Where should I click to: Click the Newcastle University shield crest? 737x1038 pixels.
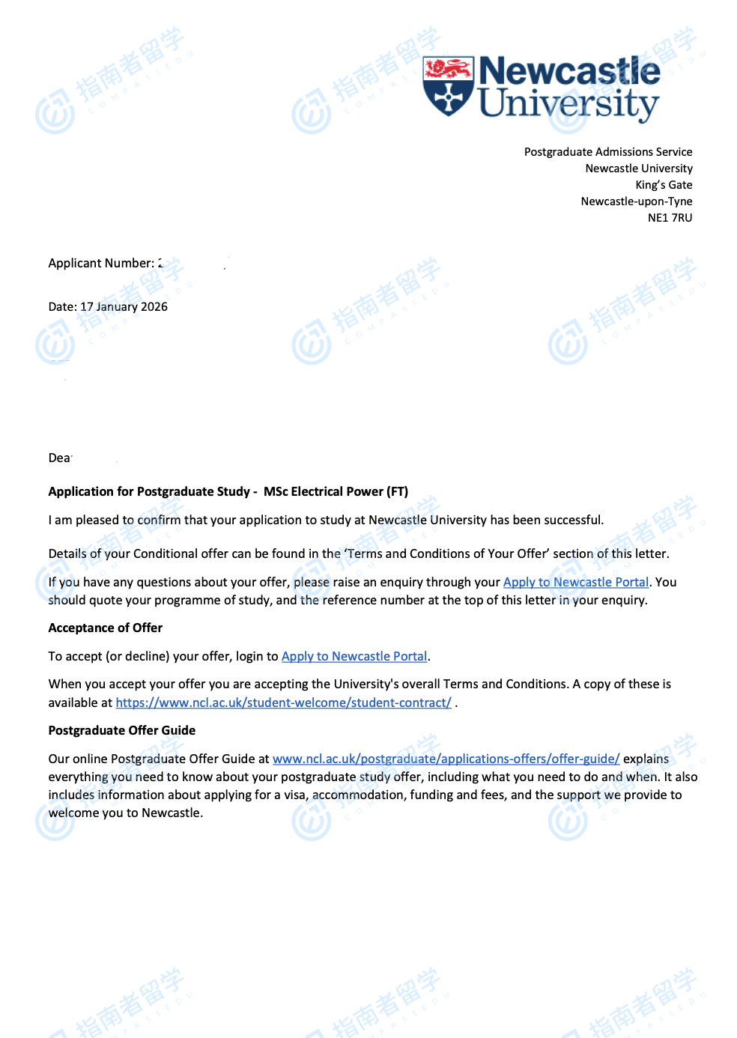448,85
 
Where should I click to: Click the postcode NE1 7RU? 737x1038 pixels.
670,218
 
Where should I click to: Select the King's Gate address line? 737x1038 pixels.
664,185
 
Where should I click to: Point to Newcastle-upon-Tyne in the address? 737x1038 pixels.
636,201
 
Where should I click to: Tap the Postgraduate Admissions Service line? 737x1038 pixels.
607,152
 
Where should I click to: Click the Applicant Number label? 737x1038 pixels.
101,264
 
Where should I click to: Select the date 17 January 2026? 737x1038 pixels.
124,307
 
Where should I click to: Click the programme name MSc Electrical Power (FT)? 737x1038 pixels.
336,492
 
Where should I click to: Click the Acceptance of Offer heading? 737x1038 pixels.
105,628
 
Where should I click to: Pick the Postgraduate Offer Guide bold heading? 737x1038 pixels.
121,731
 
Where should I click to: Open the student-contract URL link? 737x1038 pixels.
283,703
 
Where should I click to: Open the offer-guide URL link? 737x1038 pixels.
446,759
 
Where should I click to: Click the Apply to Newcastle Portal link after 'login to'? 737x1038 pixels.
354,657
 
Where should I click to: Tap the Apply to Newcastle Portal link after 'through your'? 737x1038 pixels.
575,583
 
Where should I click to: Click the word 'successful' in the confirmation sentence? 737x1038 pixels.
572,520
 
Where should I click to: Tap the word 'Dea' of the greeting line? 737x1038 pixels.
59,458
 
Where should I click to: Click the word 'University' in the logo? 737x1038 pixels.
568,104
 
